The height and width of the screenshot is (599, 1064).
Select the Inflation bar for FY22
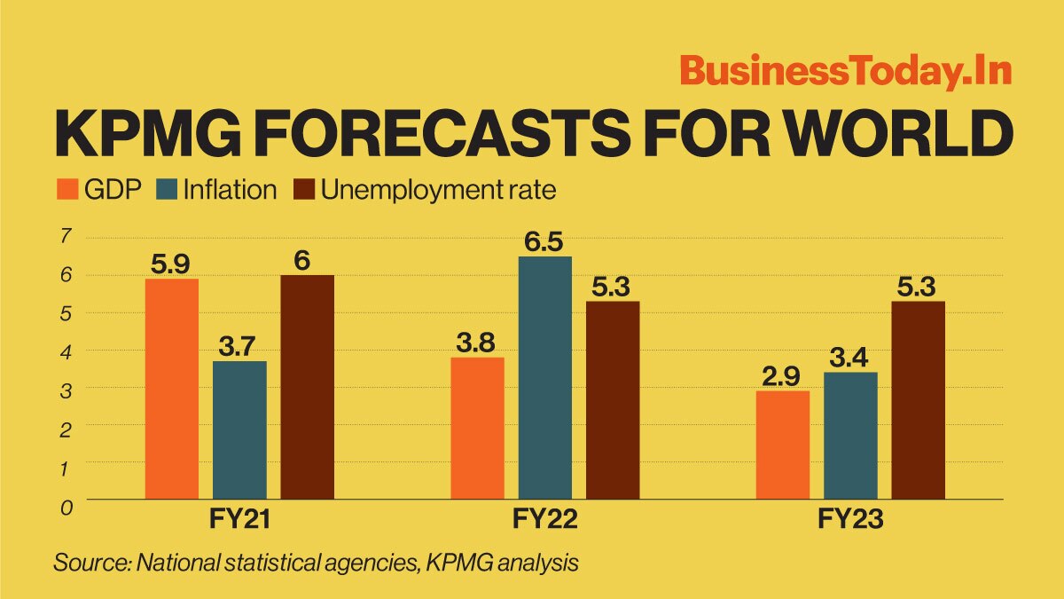coord(544,377)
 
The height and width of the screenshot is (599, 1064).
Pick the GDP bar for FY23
coord(783,445)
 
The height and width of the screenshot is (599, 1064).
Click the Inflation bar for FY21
coord(239,430)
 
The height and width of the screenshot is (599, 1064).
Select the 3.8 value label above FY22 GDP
coord(477,343)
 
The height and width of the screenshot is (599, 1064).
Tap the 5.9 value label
coord(172,264)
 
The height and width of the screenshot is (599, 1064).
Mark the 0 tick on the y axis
coord(66,506)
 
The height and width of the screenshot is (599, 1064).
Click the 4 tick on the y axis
coord(66,351)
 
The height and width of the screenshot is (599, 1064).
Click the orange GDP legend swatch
coord(67,190)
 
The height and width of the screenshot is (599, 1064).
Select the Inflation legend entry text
coord(230,190)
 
